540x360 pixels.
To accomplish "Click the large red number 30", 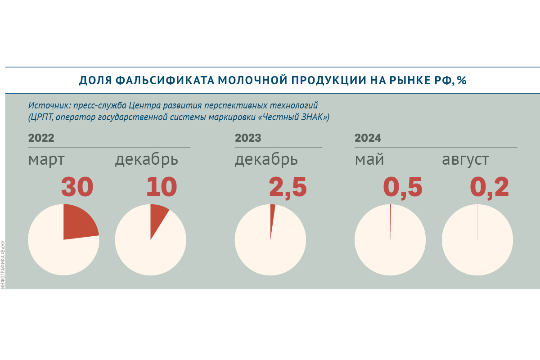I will click(77, 187).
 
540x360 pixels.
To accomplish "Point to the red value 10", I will click(162, 187).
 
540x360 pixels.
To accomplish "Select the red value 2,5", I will click(288, 187).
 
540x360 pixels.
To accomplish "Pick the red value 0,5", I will click(403, 187).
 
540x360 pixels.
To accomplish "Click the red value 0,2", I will click(490, 187).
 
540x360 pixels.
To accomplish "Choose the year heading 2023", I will click(248, 138).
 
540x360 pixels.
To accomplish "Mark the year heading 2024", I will click(368, 138).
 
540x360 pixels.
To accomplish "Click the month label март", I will click(46, 160).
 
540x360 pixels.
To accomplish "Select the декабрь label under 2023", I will click(266, 160).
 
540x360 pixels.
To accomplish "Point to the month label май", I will click(369, 160).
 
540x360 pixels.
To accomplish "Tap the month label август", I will click(465, 160).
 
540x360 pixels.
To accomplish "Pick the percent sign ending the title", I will click(462, 81).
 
